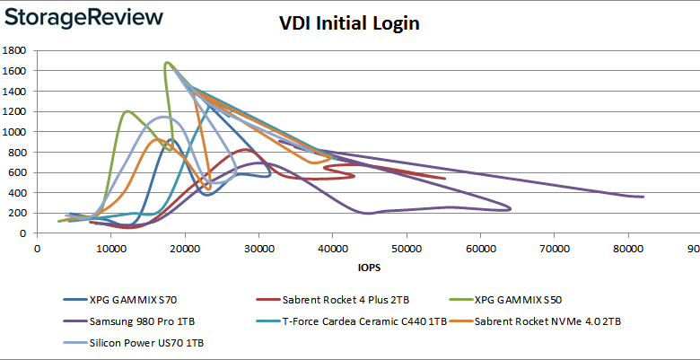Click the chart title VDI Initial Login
(x=349, y=24)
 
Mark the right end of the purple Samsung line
(x=643, y=197)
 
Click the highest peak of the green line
(x=167, y=63)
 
